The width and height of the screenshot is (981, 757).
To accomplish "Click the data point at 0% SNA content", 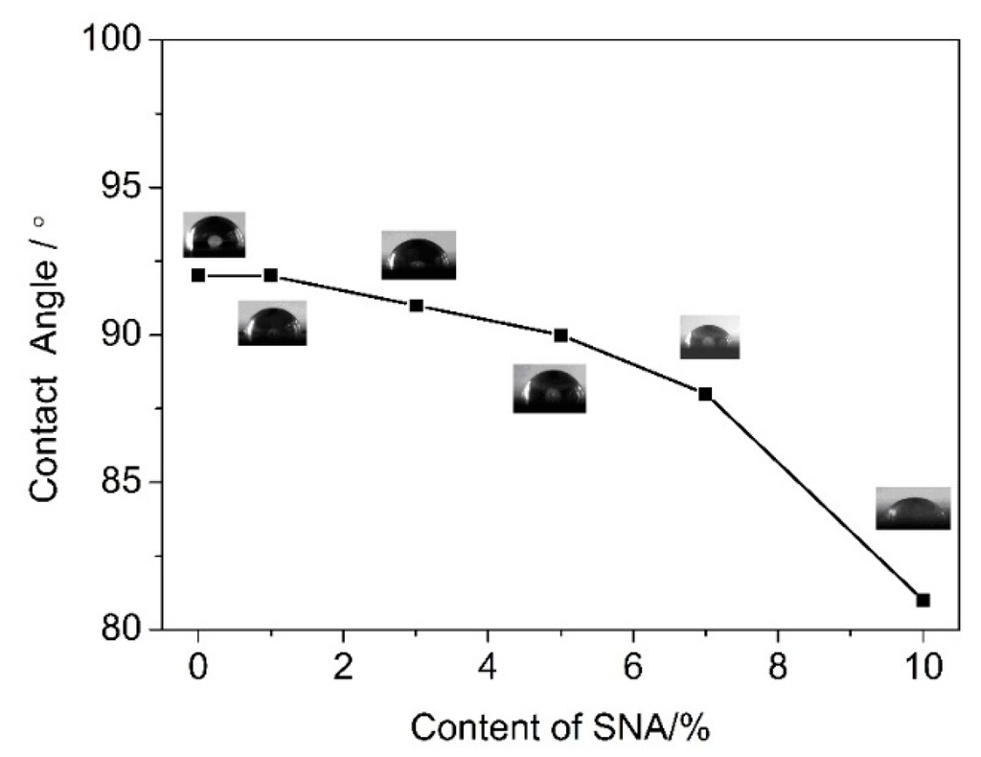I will (198, 275).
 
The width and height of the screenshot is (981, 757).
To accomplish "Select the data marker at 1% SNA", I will (270, 275).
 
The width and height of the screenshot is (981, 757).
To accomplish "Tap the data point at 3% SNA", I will (416, 305).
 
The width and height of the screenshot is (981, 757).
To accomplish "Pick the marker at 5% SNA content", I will (560, 334).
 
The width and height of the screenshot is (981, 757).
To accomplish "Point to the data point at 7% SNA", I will (705, 394).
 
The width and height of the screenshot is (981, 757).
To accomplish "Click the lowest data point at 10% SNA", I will (923, 600).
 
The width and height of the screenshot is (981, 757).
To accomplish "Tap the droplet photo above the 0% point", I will (215, 235).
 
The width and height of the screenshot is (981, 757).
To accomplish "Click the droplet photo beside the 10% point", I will (913, 509).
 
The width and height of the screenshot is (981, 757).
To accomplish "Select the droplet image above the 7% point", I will (709, 338).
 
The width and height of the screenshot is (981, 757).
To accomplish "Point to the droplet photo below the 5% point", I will (549, 389).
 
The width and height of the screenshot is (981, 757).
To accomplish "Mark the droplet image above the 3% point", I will (418, 256).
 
